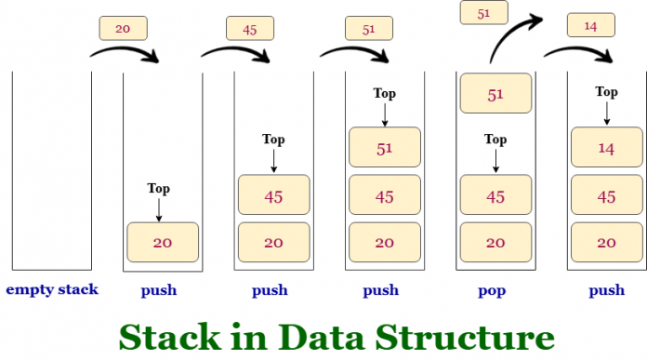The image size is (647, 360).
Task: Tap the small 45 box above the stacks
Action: tap(250, 29)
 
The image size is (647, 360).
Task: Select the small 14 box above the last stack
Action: tap(589, 25)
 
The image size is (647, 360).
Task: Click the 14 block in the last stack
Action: tap(607, 147)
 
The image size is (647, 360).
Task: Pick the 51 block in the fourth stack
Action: tap(384, 147)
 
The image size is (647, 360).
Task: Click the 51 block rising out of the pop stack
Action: tap(495, 94)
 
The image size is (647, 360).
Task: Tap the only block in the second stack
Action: tap(163, 242)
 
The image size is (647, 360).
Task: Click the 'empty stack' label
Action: tap(52, 289)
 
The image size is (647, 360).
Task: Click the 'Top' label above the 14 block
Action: tap(606, 92)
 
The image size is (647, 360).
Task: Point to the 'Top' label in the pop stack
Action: tap(495, 140)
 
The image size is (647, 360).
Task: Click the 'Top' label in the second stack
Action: tap(160, 189)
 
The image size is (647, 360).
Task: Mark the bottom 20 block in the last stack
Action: tap(607, 242)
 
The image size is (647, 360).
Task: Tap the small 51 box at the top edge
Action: tap(483, 13)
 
